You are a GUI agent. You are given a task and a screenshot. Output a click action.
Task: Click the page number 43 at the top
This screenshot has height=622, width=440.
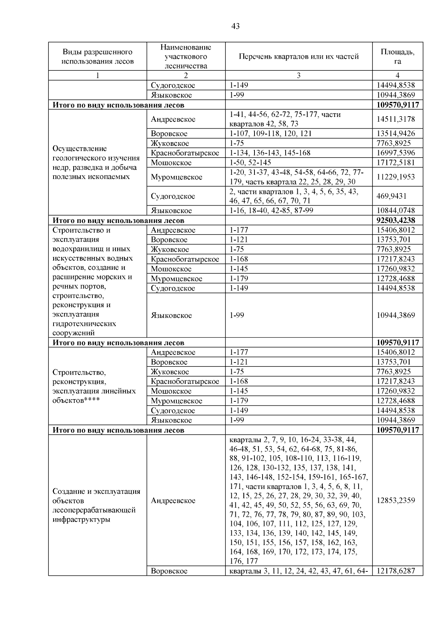coord(235,26)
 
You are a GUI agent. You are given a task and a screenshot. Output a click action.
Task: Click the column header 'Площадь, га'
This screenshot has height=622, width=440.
coord(397,56)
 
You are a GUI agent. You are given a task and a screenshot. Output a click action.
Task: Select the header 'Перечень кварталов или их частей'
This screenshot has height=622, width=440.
coord(298,56)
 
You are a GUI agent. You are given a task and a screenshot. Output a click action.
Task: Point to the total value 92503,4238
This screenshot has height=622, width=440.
coord(397,220)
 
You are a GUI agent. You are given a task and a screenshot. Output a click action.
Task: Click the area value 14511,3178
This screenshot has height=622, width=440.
coord(396,119)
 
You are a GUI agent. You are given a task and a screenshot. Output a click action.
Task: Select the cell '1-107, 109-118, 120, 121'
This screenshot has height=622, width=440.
coord(271,133)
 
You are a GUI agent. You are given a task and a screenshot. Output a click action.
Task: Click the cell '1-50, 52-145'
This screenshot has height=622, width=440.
coord(250,162)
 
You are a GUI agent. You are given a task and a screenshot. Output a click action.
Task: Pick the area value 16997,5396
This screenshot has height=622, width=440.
coord(396,153)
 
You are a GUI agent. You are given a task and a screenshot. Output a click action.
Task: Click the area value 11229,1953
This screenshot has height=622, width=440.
coord(396,177)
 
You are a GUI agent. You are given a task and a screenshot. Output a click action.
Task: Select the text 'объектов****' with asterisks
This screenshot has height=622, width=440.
coord(76,400)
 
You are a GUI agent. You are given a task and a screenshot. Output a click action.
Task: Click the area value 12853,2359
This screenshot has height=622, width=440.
coord(396,500)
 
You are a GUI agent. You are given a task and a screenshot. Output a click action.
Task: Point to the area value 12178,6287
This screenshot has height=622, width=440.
coord(396,571)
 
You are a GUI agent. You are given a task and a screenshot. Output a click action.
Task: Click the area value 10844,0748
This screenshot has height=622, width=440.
coord(396,210)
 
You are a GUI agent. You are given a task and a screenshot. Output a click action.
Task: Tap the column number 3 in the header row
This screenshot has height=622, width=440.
coord(298,76)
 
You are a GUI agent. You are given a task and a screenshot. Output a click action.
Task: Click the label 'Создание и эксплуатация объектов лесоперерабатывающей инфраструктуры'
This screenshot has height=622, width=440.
coord(96,505)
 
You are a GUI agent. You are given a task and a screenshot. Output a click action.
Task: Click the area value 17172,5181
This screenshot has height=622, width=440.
coord(396,162)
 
